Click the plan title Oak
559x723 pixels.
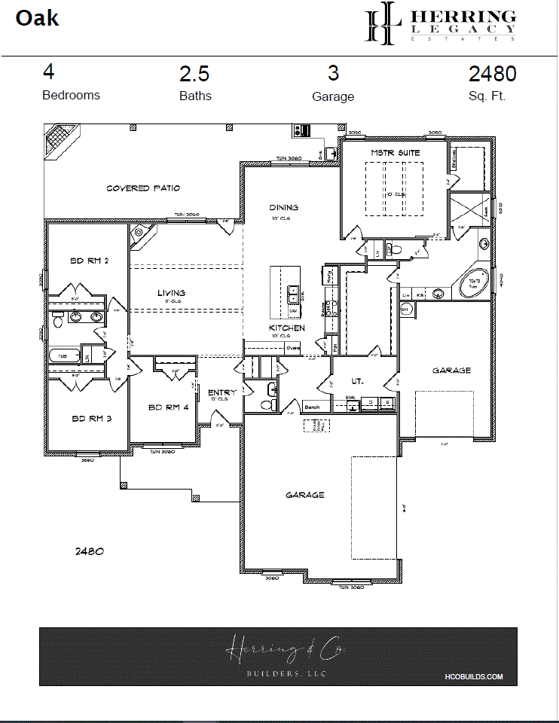click(x=38, y=18)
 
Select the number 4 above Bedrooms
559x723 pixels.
click(x=48, y=72)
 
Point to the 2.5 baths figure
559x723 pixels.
click(x=194, y=75)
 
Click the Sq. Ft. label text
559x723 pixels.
click(x=487, y=96)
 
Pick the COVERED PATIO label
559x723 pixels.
click(x=143, y=188)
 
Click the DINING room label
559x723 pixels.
click(x=284, y=207)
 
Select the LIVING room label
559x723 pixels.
click(x=171, y=293)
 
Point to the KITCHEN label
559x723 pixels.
click(x=287, y=328)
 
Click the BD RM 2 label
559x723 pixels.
click(x=89, y=261)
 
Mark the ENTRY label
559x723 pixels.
click(x=221, y=392)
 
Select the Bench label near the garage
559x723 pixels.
click(x=312, y=407)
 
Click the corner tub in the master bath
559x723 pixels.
click(x=474, y=285)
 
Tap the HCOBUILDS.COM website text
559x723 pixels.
click(x=479, y=677)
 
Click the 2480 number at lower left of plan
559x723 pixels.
click(x=89, y=551)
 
